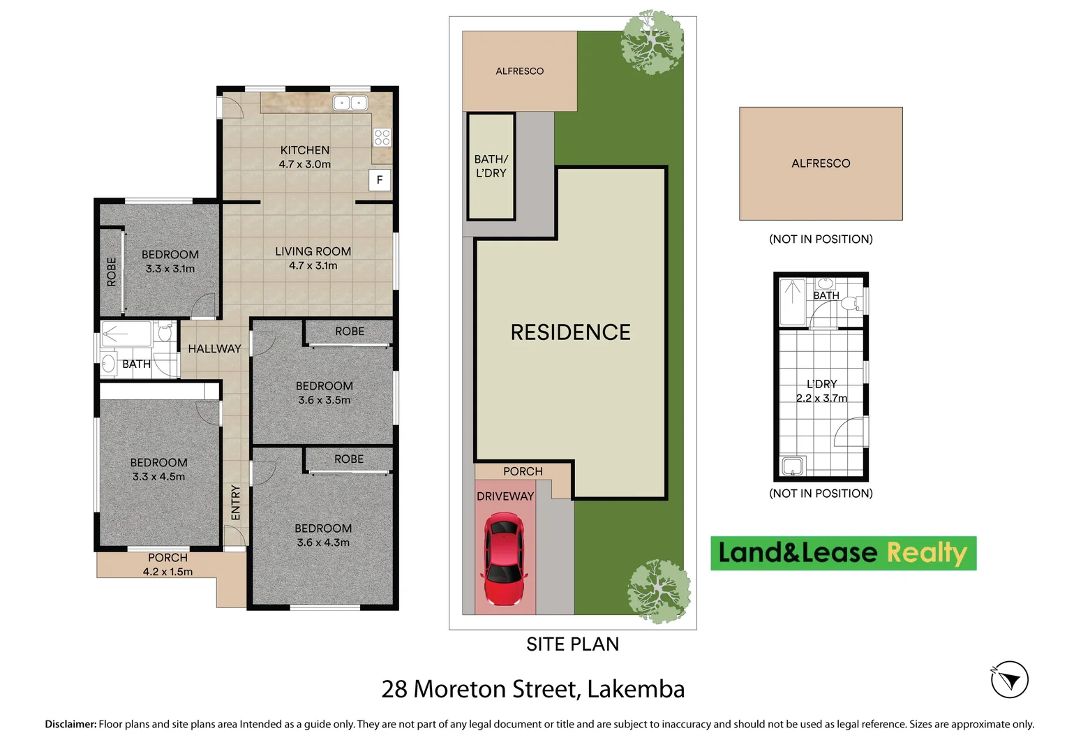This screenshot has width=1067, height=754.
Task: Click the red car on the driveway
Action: pyautogui.click(x=502, y=559)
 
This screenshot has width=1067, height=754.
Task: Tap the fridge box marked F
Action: pyautogui.click(x=380, y=180)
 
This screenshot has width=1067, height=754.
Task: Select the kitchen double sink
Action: pyautogui.click(x=350, y=103)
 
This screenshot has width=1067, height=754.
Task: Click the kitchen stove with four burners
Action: pyautogui.click(x=382, y=137)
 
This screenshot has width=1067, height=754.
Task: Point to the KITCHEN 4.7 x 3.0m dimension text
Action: pyautogui.click(x=305, y=165)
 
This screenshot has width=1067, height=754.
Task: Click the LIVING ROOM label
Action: pyautogui.click(x=313, y=251)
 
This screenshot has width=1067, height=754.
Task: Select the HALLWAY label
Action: pyautogui.click(x=214, y=348)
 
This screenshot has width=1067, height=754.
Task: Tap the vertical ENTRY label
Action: pyautogui.click(x=236, y=503)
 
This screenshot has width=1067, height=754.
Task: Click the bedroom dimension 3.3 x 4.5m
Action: pyautogui.click(x=159, y=477)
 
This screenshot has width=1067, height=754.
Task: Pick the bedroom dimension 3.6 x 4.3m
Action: pyautogui.click(x=323, y=542)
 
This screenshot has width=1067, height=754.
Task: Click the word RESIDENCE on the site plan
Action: pyautogui.click(x=570, y=332)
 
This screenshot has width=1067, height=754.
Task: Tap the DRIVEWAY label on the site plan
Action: pyautogui.click(x=505, y=496)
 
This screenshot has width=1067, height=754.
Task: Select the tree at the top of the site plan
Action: pyautogui.click(x=652, y=41)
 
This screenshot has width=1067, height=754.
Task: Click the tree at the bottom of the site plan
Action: pyautogui.click(x=658, y=591)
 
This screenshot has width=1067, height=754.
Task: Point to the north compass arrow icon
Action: pyautogui.click(x=1009, y=679)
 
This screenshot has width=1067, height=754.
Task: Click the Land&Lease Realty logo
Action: pyautogui.click(x=843, y=553)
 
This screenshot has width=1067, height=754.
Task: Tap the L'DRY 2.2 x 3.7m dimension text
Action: pyautogui.click(x=821, y=398)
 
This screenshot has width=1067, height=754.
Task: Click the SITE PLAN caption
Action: pyautogui.click(x=572, y=644)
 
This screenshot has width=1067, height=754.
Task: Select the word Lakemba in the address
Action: pyautogui.click(x=636, y=689)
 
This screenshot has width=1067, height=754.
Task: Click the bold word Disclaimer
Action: pyautogui.click(x=70, y=724)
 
